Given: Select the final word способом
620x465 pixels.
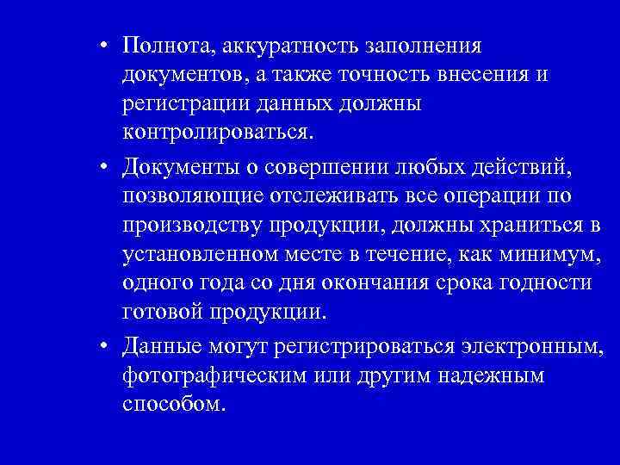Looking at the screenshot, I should [173, 405].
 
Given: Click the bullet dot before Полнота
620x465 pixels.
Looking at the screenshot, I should [102, 46].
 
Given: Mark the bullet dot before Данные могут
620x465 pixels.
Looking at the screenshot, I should [102, 346].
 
